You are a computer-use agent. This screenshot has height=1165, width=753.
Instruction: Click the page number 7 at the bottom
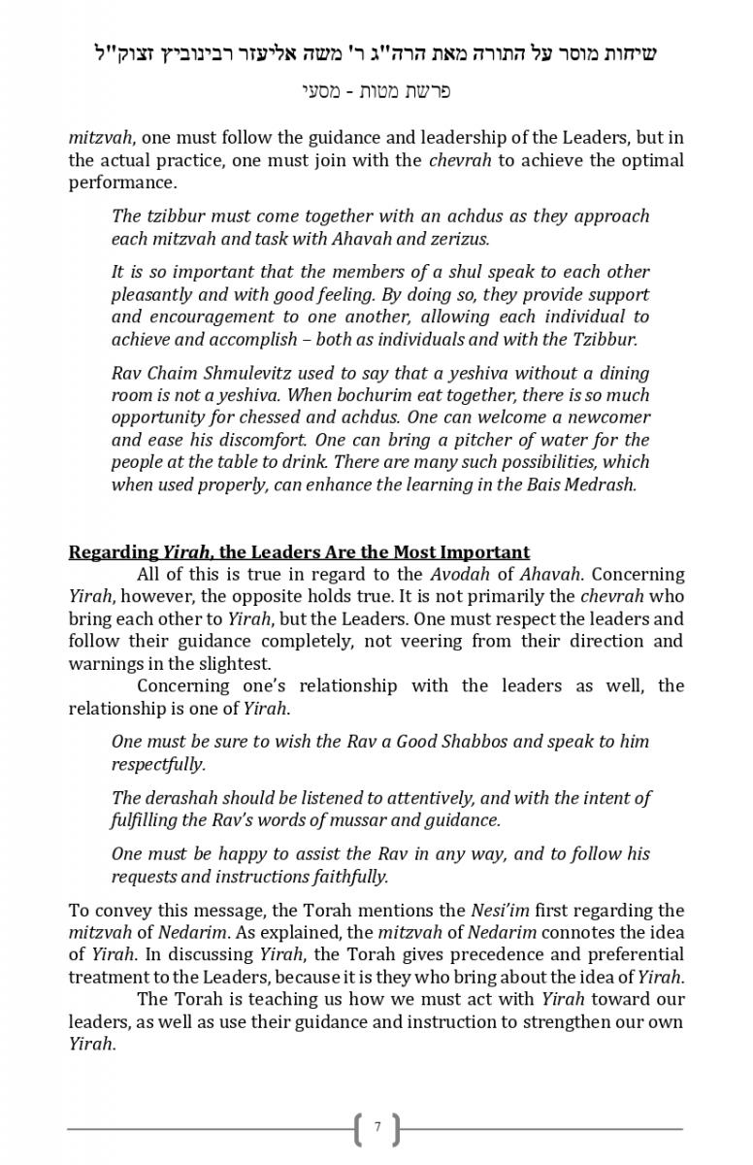click(x=377, y=1128)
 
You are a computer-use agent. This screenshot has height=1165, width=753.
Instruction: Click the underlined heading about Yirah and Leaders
click(x=299, y=552)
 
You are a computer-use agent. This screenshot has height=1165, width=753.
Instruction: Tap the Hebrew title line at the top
click(x=376, y=52)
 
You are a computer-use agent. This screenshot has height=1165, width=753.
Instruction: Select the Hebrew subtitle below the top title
click(x=376, y=92)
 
